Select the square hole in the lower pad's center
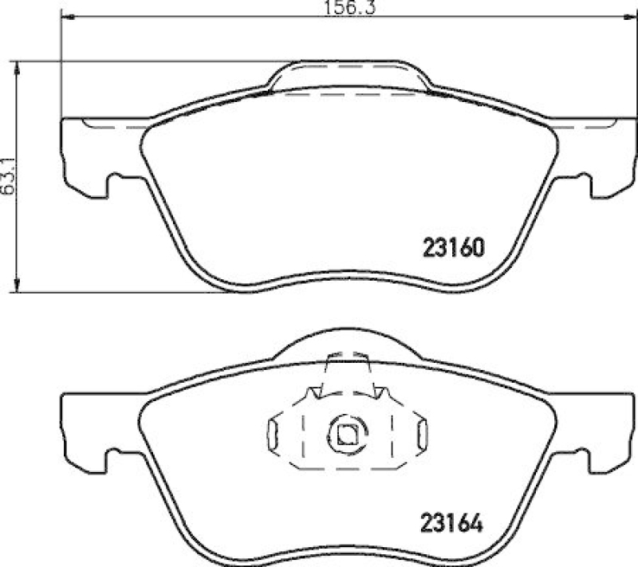[346, 435]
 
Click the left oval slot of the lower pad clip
[273, 435]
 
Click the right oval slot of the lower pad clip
[422, 435]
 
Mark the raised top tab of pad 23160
[349, 76]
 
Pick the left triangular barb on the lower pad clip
[316, 392]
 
